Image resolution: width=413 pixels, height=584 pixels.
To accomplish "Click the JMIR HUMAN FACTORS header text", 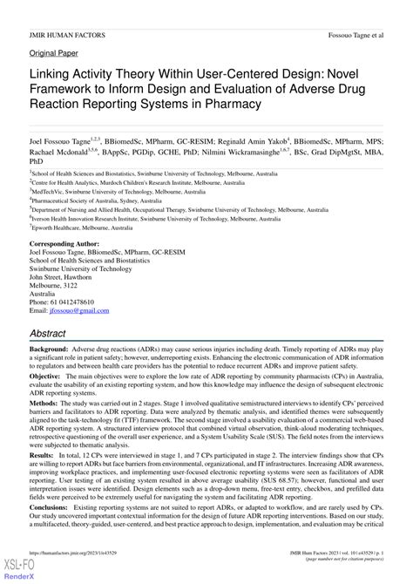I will coord(67,36).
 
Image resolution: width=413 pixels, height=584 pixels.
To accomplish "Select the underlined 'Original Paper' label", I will coord(54,53).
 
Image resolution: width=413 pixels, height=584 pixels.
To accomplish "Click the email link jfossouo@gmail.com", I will coord(74,310).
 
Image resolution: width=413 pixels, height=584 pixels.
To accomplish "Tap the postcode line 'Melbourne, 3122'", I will coord(54,286).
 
